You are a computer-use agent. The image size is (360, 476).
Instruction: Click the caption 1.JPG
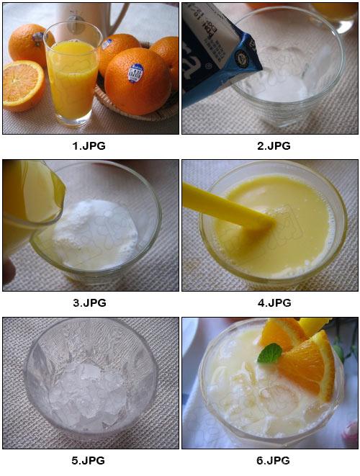[x=90, y=145]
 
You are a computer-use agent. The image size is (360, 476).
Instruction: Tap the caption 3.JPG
[x=90, y=302]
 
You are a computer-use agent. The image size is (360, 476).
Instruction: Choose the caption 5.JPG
[x=90, y=460]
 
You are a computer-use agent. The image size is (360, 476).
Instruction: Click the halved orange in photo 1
[x=23, y=84]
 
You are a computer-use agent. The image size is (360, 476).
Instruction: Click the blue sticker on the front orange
[x=135, y=73]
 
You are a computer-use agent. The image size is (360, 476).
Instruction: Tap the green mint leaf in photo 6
[x=270, y=354]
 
